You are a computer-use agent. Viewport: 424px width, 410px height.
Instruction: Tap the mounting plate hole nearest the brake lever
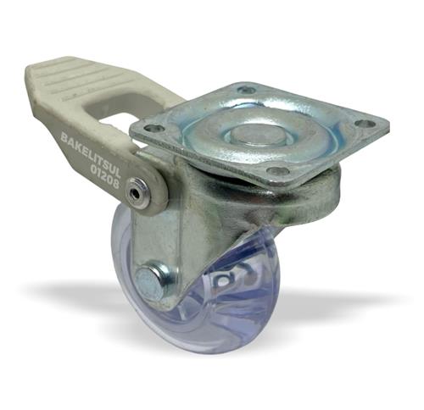point(154,129)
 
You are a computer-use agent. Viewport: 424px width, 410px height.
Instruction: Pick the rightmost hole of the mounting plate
point(365,124)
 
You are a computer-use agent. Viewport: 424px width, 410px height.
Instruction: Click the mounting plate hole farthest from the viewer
point(247,91)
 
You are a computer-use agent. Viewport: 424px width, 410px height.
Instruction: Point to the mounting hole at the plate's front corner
point(278,170)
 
